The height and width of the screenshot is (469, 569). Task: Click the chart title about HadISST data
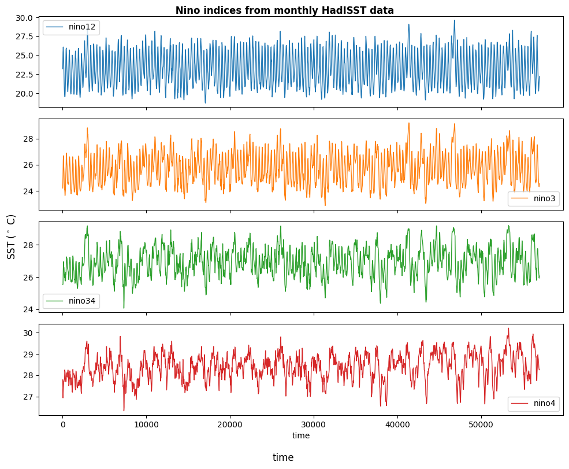point(284,10)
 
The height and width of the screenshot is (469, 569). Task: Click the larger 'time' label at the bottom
point(283,457)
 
